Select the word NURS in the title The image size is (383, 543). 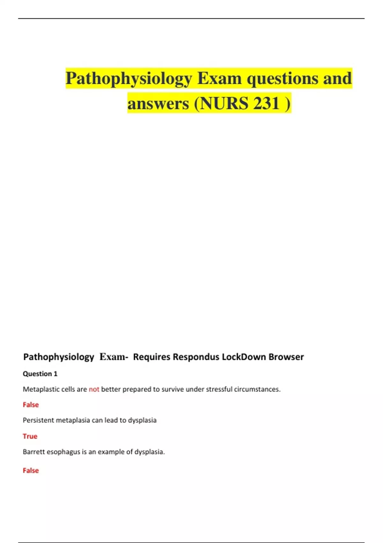coord(224,103)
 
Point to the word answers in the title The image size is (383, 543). coord(158,103)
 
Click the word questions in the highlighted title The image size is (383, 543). coord(282,79)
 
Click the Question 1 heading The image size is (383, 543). coord(40,374)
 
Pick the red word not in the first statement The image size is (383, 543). coord(94,389)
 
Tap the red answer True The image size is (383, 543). coord(30,436)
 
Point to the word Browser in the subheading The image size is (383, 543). coord(286,357)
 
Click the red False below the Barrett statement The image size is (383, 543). coord(31,470)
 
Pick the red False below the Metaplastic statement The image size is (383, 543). coord(31,405)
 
